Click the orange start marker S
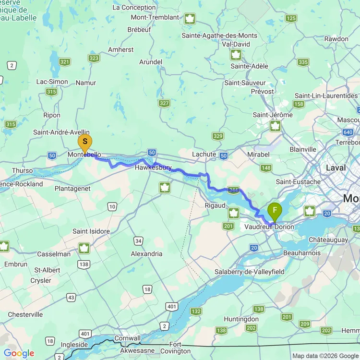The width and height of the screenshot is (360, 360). click(x=85, y=142)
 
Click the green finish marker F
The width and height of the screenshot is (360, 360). click(x=275, y=210)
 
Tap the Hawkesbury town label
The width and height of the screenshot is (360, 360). click(x=153, y=168)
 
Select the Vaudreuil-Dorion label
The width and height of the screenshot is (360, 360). click(x=269, y=227)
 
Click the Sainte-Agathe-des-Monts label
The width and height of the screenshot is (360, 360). click(x=219, y=36)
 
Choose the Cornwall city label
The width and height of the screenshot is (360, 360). click(x=127, y=338)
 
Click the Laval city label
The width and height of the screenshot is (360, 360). click(x=336, y=168)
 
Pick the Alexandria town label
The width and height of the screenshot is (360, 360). click(x=146, y=253)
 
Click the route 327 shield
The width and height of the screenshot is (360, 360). click(x=164, y=103)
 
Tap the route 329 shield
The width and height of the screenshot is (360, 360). click(x=218, y=136)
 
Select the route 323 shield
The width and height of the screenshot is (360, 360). click(x=94, y=59)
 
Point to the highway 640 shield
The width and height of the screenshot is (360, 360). click(x=348, y=132)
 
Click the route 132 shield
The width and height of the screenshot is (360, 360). click(x=196, y=312)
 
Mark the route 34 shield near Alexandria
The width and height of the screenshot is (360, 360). click(x=139, y=240)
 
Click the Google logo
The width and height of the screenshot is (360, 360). click(x=19, y=354)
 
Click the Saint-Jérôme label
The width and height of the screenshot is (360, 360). click(x=273, y=115)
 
